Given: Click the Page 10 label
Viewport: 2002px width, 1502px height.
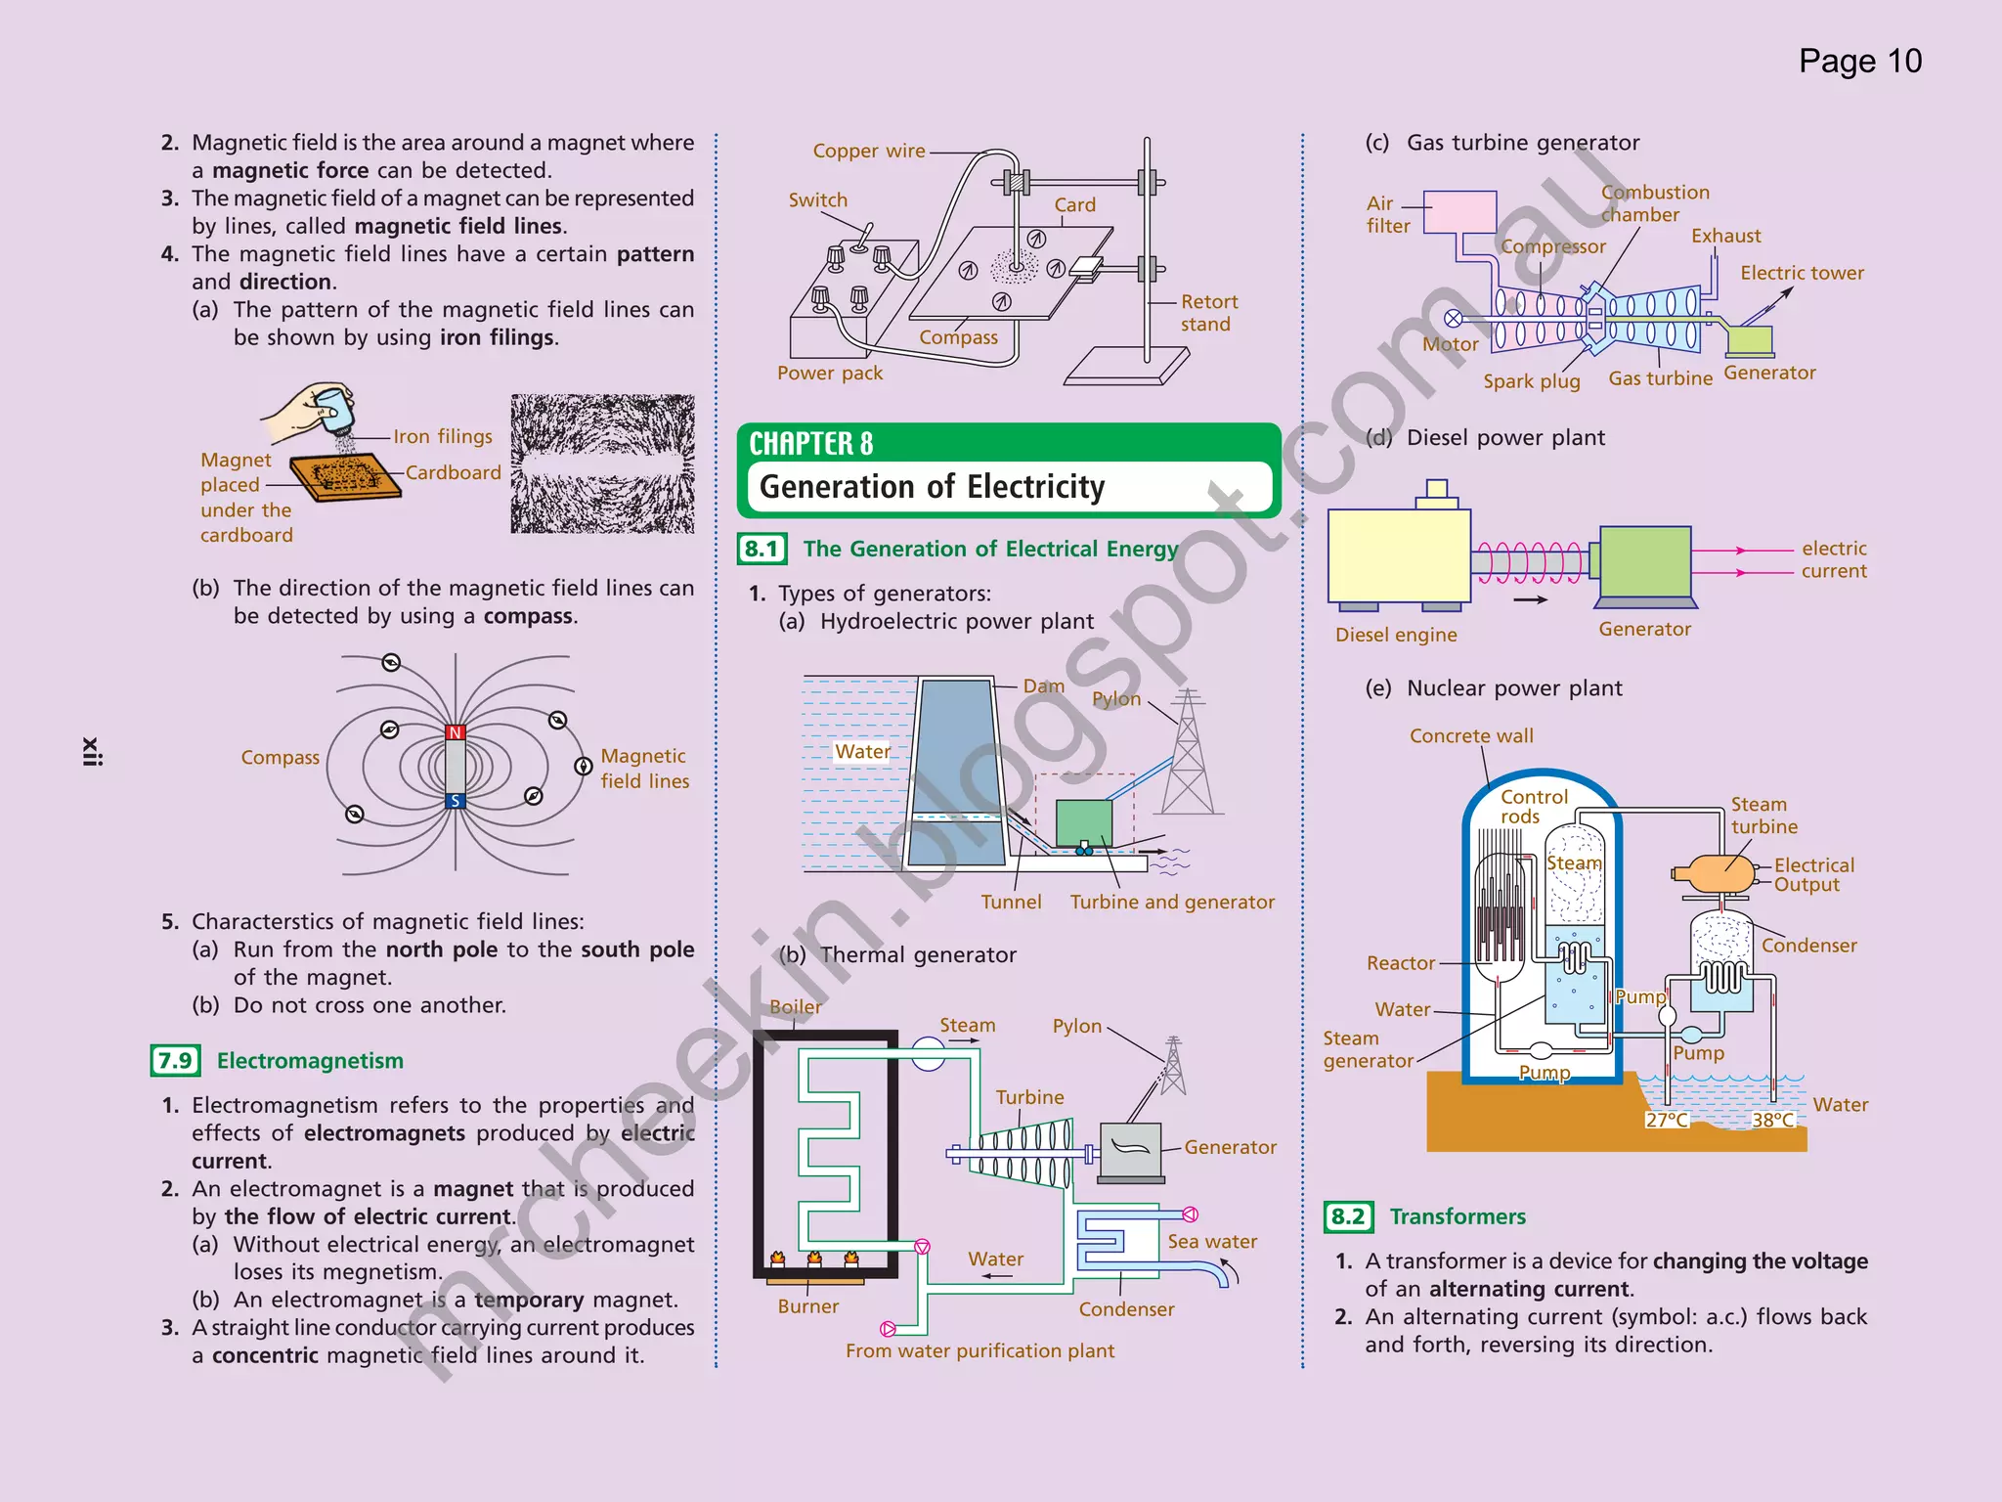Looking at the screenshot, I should pyautogui.click(x=1859, y=62).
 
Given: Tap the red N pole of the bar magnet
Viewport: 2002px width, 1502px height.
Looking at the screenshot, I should pyautogui.click(x=456, y=732).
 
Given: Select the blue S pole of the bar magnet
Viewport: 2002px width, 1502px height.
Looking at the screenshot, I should pyautogui.click(x=456, y=801).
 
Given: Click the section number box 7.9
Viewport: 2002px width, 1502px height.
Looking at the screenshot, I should pyautogui.click(x=175, y=1061).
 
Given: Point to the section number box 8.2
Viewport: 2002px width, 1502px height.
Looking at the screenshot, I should pyautogui.click(x=1348, y=1216).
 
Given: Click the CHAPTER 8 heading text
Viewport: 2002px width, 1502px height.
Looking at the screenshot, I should pyautogui.click(x=810, y=444).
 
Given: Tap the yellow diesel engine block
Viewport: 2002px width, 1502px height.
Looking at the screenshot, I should pyautogui.click(x=1399, y=555).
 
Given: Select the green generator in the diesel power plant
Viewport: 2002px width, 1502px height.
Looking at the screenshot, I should pyautogui.click(x=1645, y=561).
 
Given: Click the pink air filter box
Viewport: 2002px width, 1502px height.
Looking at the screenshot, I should pyautogui.click(x=1459, y=211).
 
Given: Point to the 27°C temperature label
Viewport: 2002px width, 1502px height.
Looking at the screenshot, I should pyautogui.click(x=1667, y=1120).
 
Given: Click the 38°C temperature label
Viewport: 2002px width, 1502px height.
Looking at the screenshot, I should pyautogui.click(x=1773, y=1120).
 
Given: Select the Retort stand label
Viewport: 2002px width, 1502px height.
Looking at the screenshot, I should pyautogui.click(x=1208, y=313).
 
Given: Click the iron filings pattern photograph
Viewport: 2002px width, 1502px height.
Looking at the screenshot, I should pyautogui.click(x=602, y=464).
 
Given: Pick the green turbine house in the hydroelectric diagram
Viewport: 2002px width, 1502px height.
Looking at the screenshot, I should pyautogui.click(x=1083, y=822).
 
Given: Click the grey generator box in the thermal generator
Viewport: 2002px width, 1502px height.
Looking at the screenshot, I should pyautogui.click(x=1130, y=1150).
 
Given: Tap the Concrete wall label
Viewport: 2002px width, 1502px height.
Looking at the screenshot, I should pyautogui.click(x=1470, y=736).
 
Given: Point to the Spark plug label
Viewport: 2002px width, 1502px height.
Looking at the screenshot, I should pyautogui.click(x=1531, y=381).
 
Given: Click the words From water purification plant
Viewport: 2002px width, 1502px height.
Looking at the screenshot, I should pyautogui.click(x=979, y=1350).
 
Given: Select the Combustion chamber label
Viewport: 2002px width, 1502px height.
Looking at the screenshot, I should pyautogui.click(x=1654, y=203).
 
